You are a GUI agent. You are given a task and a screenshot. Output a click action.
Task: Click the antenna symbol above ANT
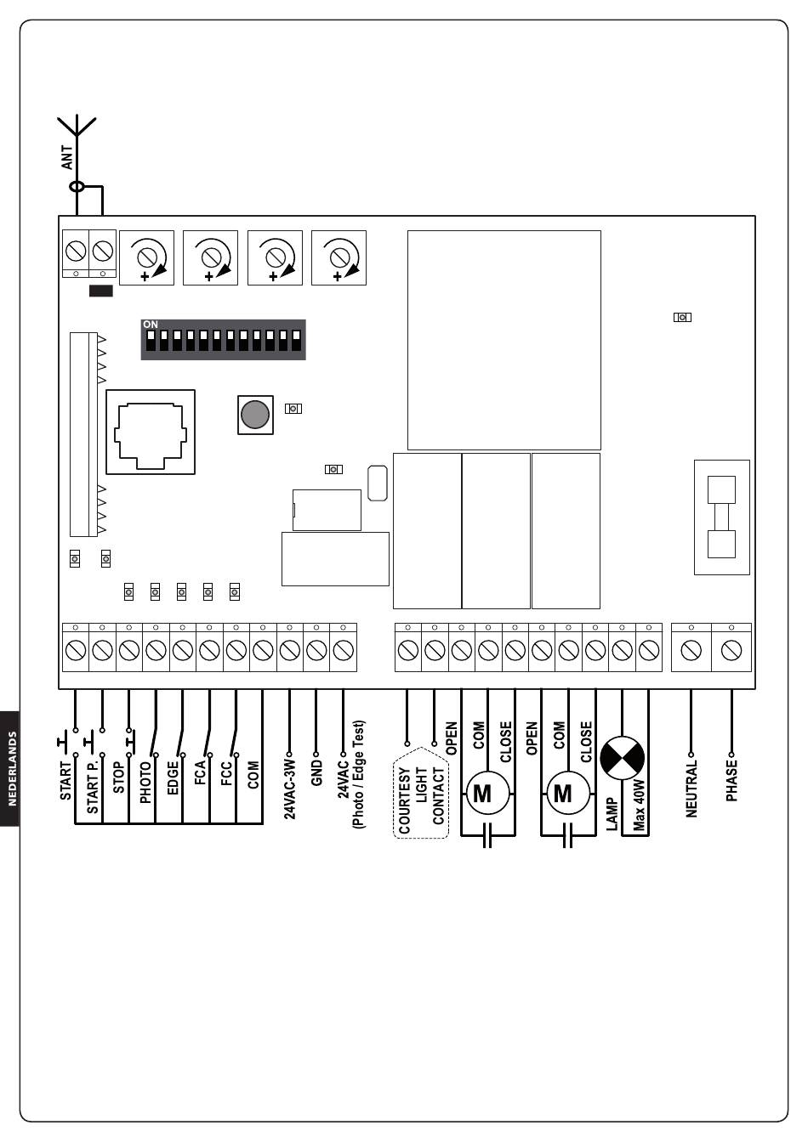click(77, 127)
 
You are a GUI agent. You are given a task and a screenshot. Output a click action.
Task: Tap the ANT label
click(67, 157)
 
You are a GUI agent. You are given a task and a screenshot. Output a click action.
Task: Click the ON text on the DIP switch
click(151, 325)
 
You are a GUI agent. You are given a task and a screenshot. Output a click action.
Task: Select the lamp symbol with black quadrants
click(623, 758)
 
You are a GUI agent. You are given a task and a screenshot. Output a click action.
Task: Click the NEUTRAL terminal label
click(691, 789)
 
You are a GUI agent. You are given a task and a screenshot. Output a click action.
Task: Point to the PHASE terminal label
click(731, 780)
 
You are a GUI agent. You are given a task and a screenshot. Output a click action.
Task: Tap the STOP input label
click(118, 777)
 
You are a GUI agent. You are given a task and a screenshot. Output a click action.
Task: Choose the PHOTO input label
click(145, 782)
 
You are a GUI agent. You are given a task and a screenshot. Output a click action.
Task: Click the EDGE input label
click(173, 778)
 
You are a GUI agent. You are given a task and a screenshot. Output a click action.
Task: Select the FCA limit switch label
click(200, 772)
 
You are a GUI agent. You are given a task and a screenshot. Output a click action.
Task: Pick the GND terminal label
click(316, 773)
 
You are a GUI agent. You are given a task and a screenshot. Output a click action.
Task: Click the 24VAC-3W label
click(290, 789)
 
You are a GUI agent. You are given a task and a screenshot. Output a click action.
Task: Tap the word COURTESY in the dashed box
click(405, 800)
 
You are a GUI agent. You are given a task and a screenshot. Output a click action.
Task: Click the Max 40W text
click(639, 805)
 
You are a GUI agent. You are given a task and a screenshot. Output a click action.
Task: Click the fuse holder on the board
click(722, 517)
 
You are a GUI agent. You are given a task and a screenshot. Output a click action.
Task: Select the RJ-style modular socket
click(151, 432)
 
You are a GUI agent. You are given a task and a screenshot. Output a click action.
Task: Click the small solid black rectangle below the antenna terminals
click(101, 291)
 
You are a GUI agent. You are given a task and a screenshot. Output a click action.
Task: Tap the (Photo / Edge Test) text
click(358, 774)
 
